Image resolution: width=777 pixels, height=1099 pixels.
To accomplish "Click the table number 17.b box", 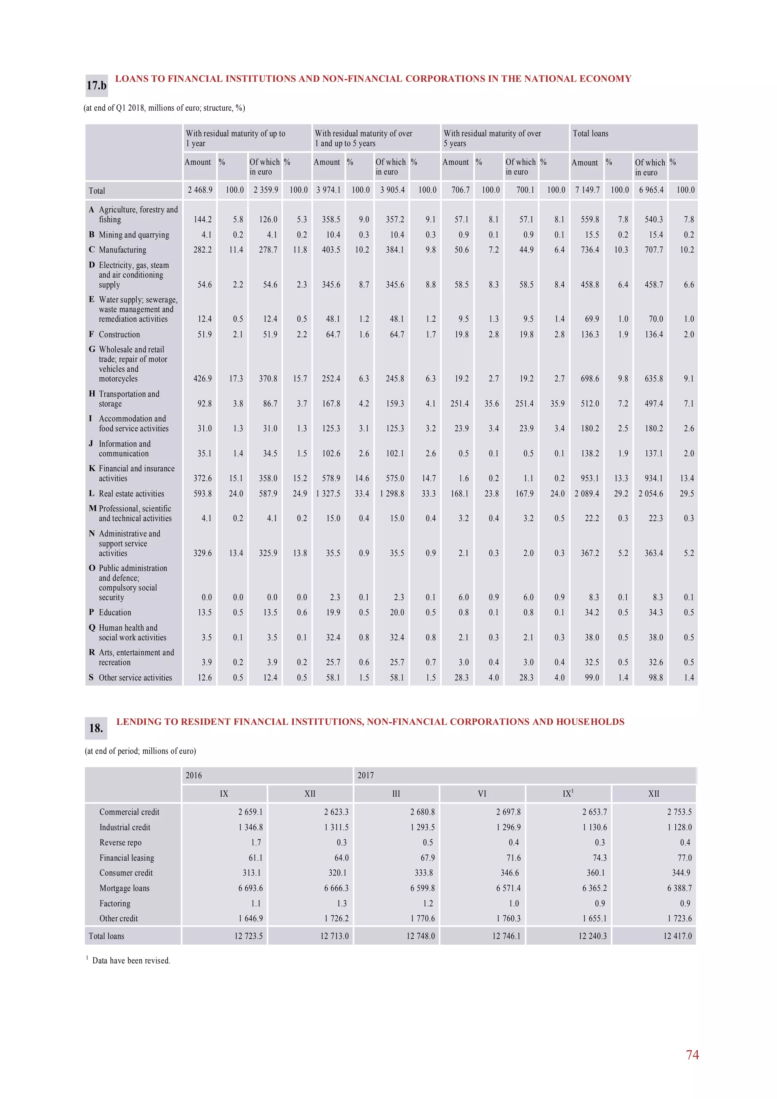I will click(96, 86).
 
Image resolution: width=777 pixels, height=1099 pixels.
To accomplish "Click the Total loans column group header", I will click(590, 134).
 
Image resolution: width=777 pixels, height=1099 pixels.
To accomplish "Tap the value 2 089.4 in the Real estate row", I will click(587, 494).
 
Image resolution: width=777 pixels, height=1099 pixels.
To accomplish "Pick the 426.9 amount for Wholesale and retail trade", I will click(203, 379).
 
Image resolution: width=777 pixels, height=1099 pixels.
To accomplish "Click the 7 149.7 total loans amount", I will click(587, 190).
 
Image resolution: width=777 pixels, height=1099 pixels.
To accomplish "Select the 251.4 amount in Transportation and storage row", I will click(459, 404).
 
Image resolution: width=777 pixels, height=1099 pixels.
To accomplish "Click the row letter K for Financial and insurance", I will click(92, 469).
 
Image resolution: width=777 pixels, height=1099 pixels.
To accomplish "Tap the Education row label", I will click(115, 613).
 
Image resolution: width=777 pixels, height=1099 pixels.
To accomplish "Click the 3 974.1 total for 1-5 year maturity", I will click(329, 190).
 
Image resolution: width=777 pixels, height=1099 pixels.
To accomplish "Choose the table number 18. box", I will click(96, 728).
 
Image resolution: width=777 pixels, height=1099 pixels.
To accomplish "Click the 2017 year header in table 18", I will click(366, 775).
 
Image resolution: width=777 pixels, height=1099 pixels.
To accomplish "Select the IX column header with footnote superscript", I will click(568, 794).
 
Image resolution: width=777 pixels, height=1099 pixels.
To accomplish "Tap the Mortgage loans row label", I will click(124, 888).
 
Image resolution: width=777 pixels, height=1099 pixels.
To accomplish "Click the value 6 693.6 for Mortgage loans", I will click(250, 888).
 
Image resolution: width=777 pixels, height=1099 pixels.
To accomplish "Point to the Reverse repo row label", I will click(120, 843).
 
